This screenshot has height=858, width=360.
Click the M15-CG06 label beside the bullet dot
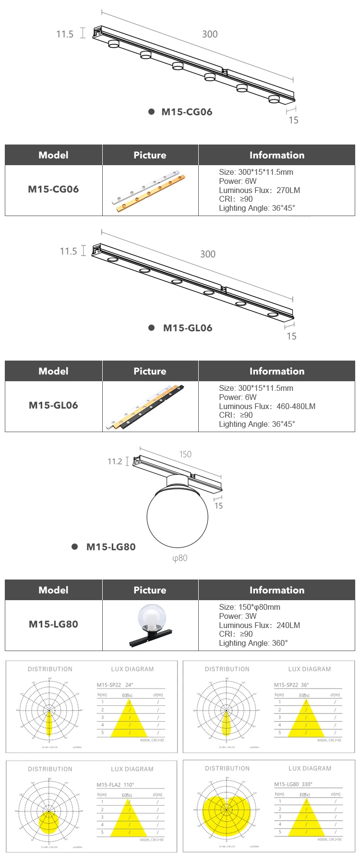pyautogui.click(x=187, y=112)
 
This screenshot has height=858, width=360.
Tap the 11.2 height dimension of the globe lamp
pyautogui.click(x=115, y=461)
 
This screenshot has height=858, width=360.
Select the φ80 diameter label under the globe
pyautogui.click(x=180, y=558)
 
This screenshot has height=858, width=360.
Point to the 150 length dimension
pyautogui.click(x=185, y=454)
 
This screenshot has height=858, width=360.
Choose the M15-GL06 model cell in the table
pyautogui.click(x=53, y=405)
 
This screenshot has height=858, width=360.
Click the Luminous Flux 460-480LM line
pyautogui.click(x=267, y=406)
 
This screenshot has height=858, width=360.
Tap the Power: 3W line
pyautogui.click(x=238, y=616)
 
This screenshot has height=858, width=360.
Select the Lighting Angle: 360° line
pyautogui.click(x=253, y=643)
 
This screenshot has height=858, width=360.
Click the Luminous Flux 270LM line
pyautogui.click(x=259, y=190)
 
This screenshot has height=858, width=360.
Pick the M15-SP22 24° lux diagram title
pyautogui.click(x=115, y=685)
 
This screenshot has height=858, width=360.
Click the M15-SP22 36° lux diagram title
pyautogui.click(x=291, y=685)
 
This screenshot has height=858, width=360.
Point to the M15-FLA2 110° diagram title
pyautogui.click(x=115, y=785)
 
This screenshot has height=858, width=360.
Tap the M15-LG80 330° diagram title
pyautogui.click(x=293, y=784)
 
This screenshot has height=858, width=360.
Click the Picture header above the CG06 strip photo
pyautogui.click(x=150, y=155)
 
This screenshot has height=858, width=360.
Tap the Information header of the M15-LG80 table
pyautogui.click(x=276, y=590)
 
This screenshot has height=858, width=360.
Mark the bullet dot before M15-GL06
pyautogui.click(x=152, y=328)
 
